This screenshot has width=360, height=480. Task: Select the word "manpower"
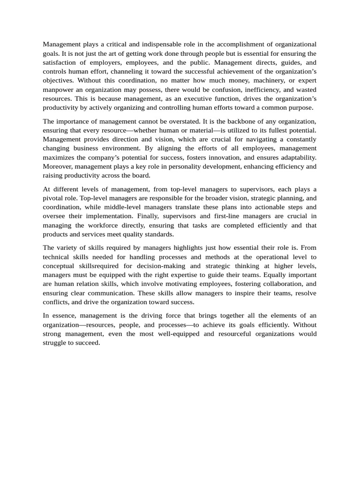58,90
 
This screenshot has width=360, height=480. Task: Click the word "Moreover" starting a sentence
58,166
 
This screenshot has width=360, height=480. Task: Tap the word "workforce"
100,225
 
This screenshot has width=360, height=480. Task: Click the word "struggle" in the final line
55,343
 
